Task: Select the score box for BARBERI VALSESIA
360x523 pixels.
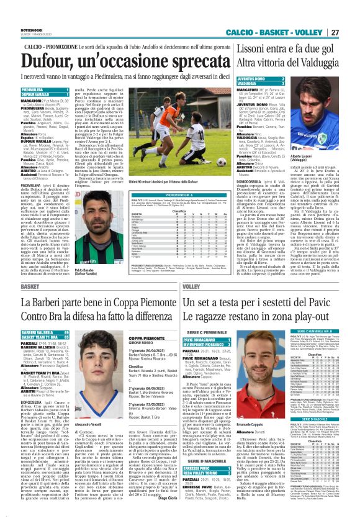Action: click(47, 333)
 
